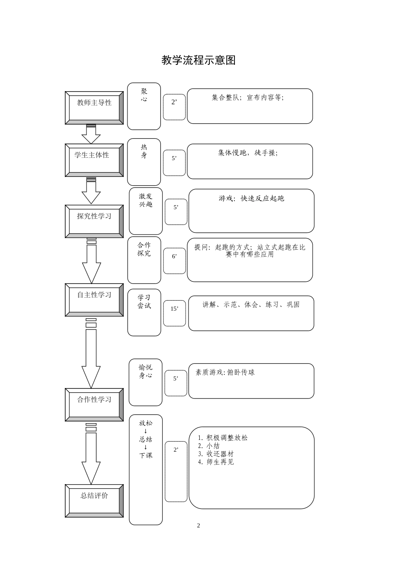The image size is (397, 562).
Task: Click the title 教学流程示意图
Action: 198,60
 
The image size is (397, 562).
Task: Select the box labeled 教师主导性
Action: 94,108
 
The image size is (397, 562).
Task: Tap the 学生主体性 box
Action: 94,160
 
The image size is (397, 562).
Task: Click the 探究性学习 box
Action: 94,221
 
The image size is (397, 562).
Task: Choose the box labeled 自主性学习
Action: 94,300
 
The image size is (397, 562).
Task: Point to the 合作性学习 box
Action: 94,404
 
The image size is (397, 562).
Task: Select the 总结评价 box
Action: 94,501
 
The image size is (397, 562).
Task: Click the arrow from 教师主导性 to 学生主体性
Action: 91,134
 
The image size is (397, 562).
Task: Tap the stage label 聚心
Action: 144,95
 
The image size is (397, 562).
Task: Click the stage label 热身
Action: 144,151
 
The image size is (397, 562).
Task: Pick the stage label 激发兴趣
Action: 146,200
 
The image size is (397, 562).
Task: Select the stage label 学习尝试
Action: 144,301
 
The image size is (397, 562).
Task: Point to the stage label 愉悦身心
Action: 145,371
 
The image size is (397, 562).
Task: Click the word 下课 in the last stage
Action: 145,455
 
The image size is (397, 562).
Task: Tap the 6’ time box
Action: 174,256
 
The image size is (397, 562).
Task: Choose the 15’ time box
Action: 174,309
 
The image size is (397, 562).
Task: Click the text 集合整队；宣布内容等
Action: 248,97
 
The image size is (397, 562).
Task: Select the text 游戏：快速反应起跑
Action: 251,198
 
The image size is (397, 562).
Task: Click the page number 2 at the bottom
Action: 198,526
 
